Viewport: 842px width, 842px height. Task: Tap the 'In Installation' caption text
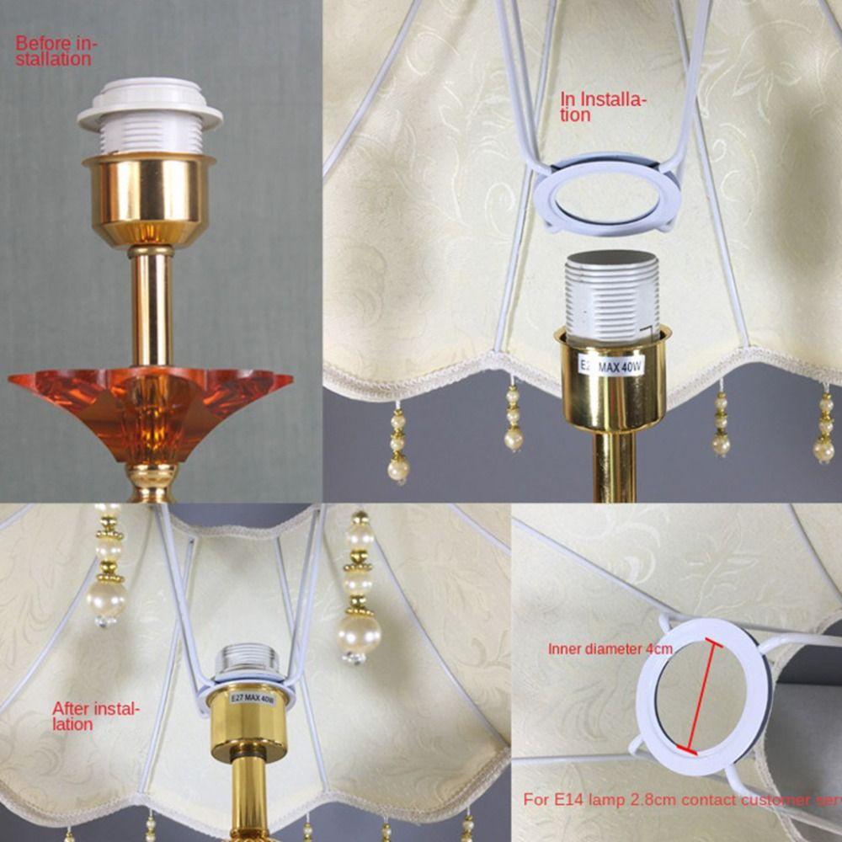603,108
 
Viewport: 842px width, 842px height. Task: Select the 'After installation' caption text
94,716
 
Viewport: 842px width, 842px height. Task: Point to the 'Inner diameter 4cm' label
610,649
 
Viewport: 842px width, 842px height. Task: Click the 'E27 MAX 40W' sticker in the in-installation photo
609,365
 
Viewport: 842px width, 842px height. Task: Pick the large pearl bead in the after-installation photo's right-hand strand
360,632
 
